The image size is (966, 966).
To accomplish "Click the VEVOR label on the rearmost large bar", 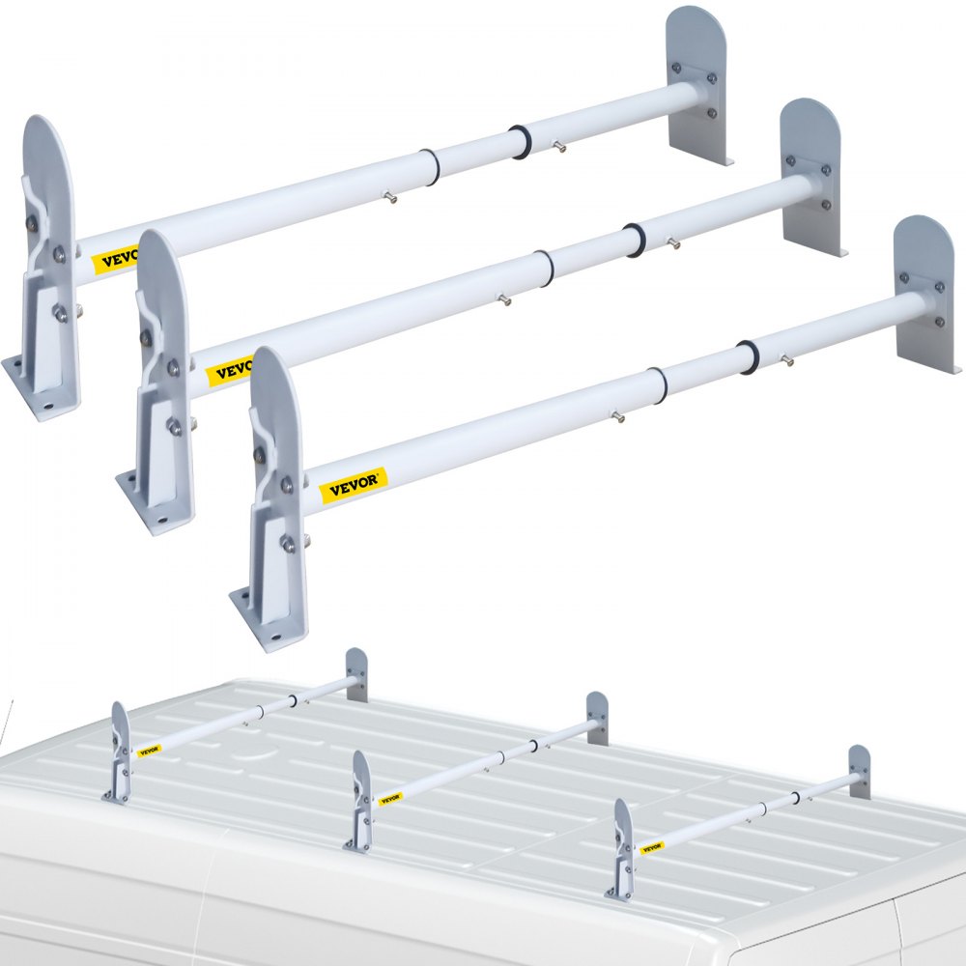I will [x=115, y=259].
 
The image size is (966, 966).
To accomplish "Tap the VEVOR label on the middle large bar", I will [x=232, y=370].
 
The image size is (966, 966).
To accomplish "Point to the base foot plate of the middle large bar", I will [x=155, y=497].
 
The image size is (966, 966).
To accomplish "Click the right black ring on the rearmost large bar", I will [x=522, y=142].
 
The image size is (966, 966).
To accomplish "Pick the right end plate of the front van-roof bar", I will [x=859, y=771].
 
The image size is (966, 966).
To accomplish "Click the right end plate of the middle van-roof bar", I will [x=598, y=717].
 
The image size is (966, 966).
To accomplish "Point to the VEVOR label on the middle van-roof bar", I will [x=390, y=799].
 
